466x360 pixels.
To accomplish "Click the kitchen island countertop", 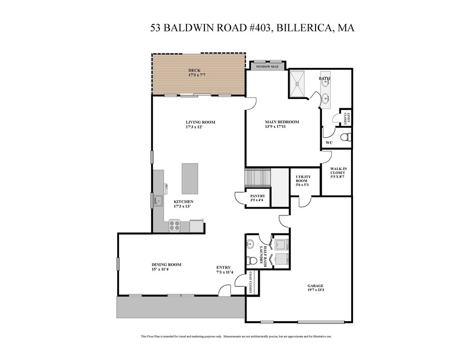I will click(190, 179).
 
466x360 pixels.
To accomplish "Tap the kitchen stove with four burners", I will click(174, 225).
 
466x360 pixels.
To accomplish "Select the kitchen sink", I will click(159, 201).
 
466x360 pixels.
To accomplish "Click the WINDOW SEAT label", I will click(267, 67).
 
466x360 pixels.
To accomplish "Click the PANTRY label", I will click(257, 196).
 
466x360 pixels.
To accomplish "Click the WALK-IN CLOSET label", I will click(337, 172).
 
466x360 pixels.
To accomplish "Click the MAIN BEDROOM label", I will click(281, 122).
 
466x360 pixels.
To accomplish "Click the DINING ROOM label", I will click(166, 264).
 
